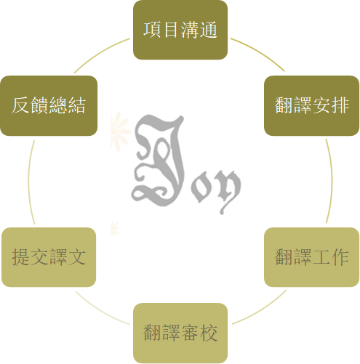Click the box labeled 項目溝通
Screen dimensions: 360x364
[180, 30]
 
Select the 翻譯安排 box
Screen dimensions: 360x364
[311, 105]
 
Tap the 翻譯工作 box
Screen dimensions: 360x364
[311, 257]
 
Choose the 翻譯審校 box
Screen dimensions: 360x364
[180, 333]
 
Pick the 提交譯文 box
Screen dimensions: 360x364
[49, 257]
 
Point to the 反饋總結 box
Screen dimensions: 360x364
[49, 105]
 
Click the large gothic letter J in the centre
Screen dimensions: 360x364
[159, 160]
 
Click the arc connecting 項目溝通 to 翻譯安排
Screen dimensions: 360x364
[260, 52]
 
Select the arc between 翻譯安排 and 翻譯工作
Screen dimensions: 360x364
[332, 181]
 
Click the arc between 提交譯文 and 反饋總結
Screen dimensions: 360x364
[28, 182]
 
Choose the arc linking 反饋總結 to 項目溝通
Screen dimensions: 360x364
[100, 53]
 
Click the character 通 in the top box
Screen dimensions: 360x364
[209, 30]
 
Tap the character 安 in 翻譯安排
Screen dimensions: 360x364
[321, 105]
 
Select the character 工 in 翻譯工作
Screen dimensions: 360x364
[321, 257]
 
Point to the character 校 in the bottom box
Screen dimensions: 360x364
[209, 333]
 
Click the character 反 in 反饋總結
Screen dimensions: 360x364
[20, 105]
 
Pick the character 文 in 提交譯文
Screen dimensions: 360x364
[77, 257]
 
